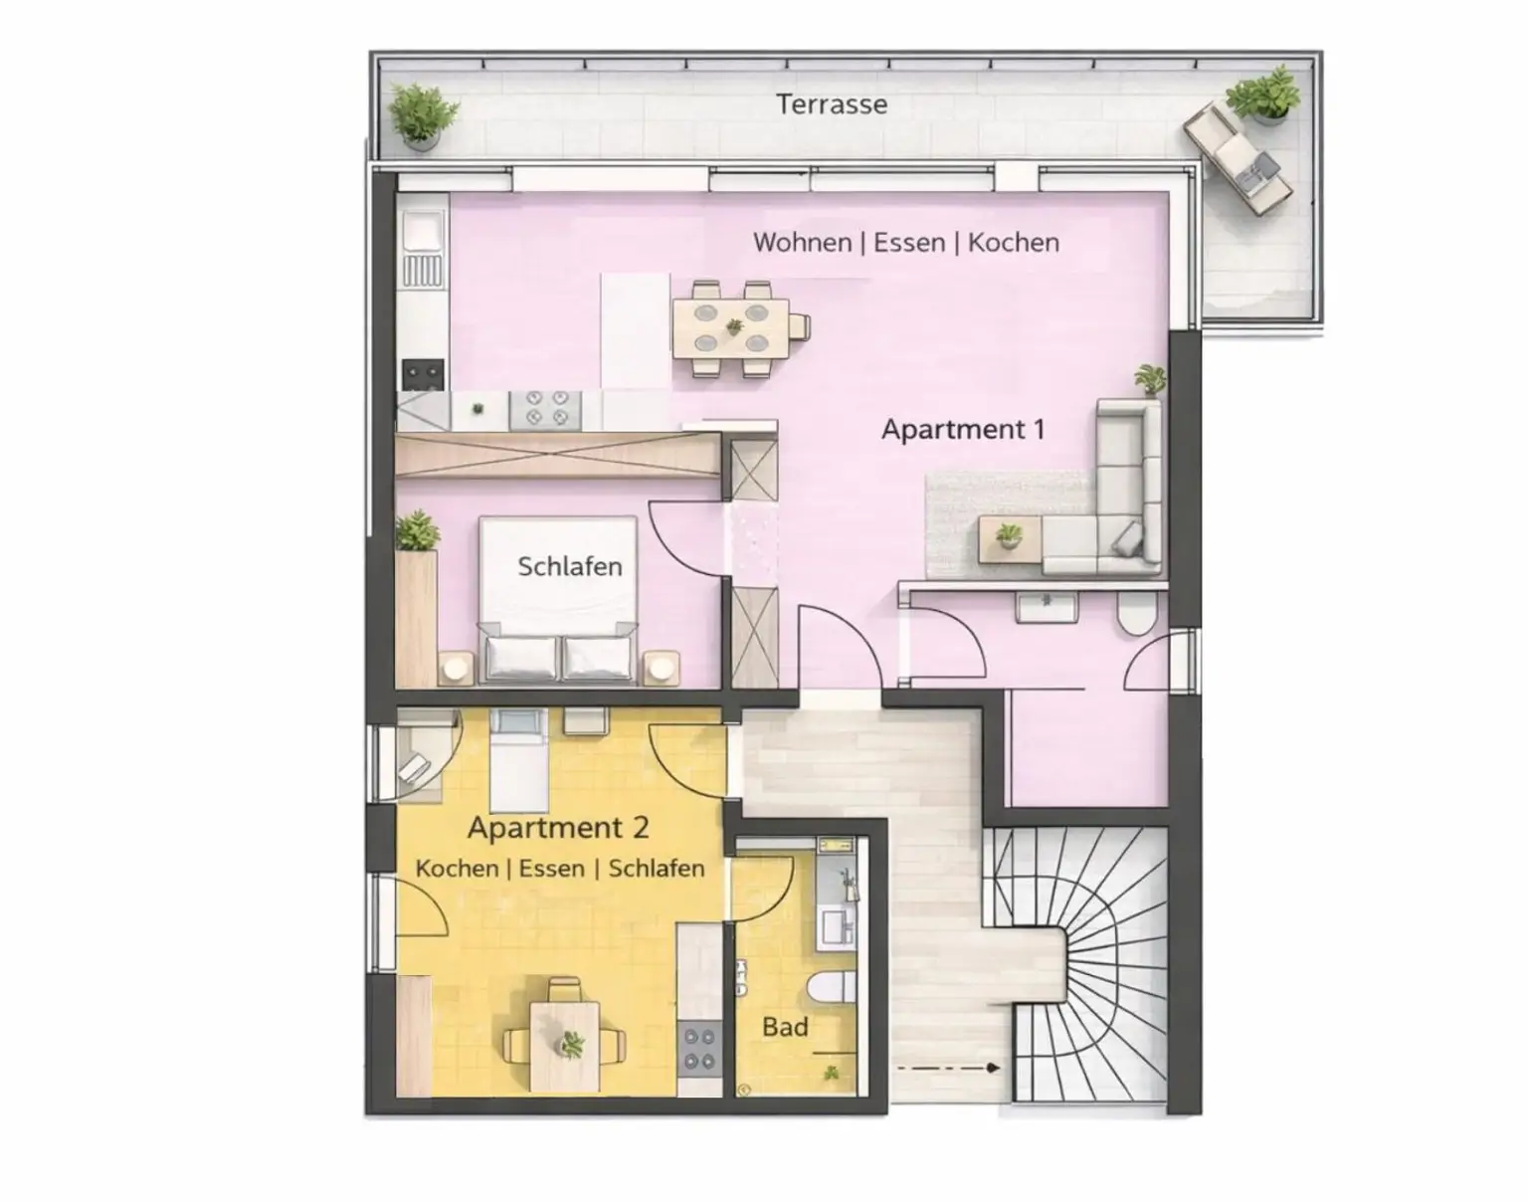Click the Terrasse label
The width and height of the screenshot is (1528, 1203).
coord(832,104)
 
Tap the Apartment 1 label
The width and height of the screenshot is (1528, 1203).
coord(962,430)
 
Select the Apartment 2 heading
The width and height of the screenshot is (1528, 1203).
coord(558,827)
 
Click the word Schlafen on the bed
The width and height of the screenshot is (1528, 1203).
coord(569,566)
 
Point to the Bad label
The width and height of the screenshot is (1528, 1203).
coord(785,1027)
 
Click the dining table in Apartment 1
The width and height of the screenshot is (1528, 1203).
coord(732,327)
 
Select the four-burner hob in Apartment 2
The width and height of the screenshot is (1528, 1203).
coord(699,1049)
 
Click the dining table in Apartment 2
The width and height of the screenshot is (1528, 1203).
coord(565,1045)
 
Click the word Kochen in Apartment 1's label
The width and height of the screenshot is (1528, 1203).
coord(1013,243)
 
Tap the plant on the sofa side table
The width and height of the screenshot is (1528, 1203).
coord(1009,536)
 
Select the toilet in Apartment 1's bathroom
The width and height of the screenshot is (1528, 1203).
coord(1135,617)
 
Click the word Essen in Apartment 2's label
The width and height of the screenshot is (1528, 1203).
coord(551,869)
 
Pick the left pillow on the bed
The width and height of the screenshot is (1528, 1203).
coord(520,658)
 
